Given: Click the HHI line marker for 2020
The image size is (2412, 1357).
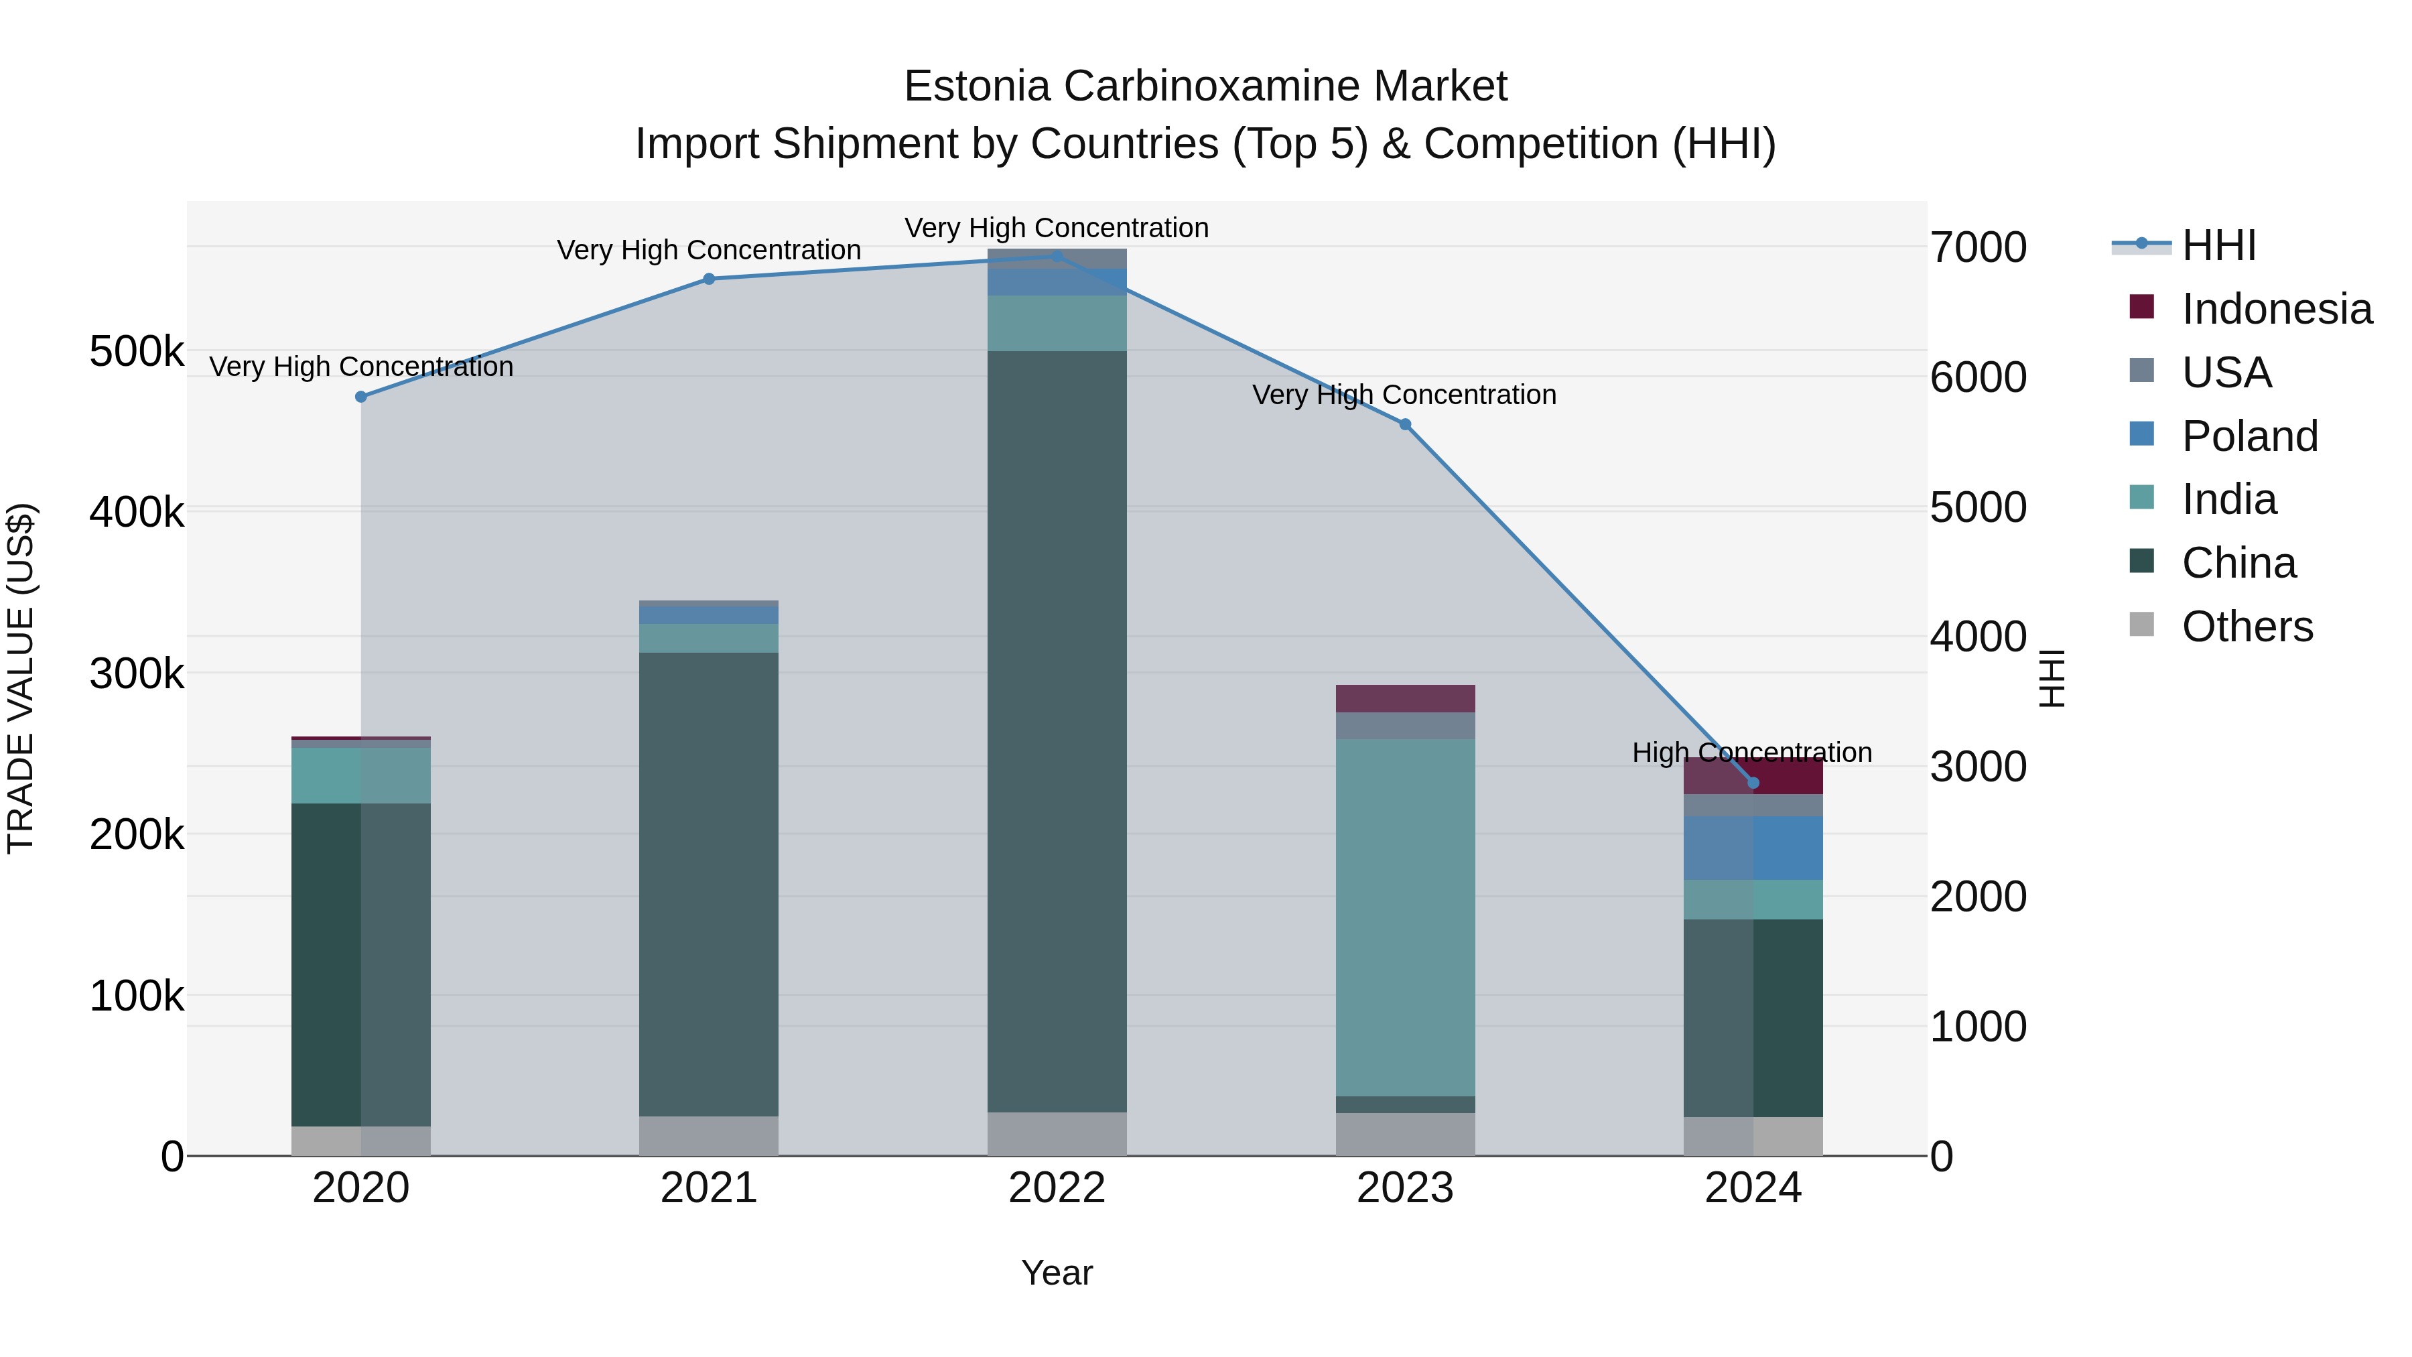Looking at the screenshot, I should click(360, 397).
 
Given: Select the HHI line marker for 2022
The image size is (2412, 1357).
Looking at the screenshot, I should click(1057, 256).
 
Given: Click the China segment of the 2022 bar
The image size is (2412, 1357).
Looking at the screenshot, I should click(1057, 730).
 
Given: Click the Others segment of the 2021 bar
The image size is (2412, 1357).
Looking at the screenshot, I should click(709, 1135).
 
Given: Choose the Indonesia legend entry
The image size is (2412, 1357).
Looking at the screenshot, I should click(2275, 309).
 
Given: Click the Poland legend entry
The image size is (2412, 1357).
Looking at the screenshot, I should click(2249, 436).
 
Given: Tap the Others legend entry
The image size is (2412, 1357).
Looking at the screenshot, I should click(2247, 627).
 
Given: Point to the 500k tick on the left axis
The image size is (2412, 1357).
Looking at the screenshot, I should click(137, 353).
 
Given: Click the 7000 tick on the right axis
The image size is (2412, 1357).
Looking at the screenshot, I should click(1978, 248).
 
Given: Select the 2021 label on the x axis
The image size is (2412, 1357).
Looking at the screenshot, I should click(709, 1188).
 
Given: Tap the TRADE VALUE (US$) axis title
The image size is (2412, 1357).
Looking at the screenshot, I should click(21, 678).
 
